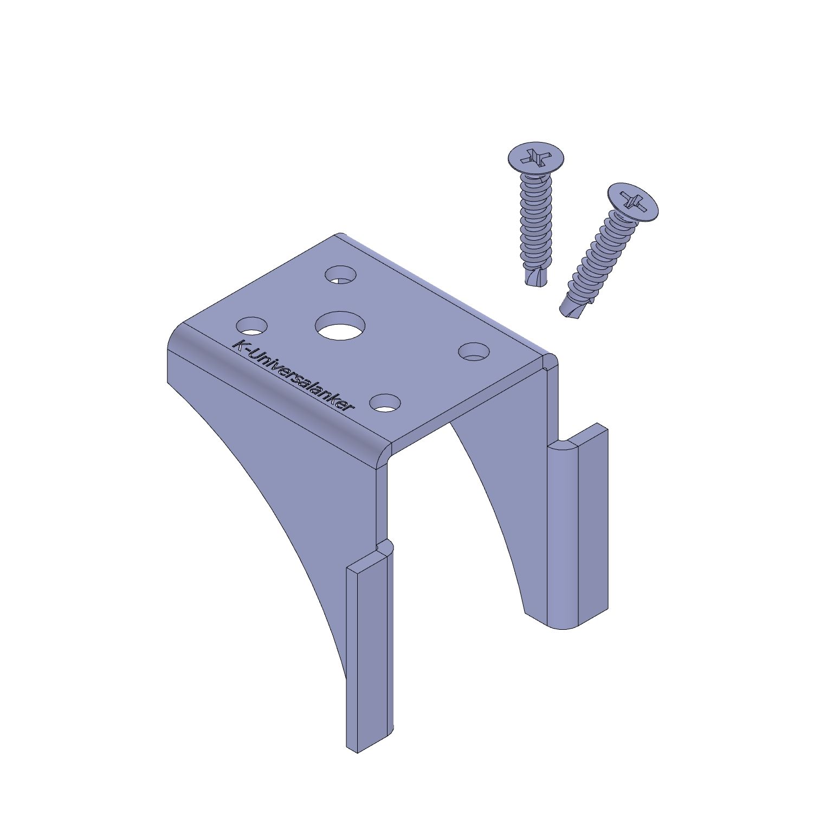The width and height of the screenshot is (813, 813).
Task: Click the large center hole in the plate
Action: pos(340,326)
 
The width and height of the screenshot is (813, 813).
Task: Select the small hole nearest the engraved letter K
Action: pos(252,326)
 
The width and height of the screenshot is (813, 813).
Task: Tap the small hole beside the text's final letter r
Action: pos(385,402)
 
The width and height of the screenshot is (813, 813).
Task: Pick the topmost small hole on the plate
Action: pos(341,274)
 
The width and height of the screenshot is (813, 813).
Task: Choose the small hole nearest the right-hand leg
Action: pos(474,351)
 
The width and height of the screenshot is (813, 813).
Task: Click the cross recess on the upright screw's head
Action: pos(535,157)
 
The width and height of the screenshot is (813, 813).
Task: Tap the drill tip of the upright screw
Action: pos(537,276)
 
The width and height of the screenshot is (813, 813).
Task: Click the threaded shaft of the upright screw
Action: pos(535,222)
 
